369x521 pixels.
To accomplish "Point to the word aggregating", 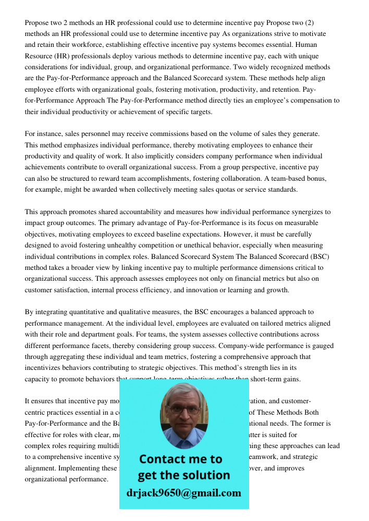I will (x=70, y=357).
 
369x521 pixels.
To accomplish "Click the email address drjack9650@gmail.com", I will (x=183, y=492).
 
